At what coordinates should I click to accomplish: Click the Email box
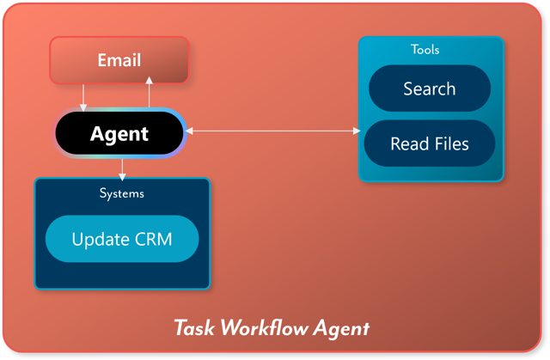pyautogui.click(x=119, y=60)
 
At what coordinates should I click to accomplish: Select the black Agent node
pyautogui.click(x=119, y=134)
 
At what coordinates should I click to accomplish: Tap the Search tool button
pyautogui.click(x=429, y=88)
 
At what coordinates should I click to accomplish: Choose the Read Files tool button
pyautogui.click(x=429, y=143)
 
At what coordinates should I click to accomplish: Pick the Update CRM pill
pyautogui.click(x=121, y=238)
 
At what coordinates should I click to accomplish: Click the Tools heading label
pyautogui.click(x=425, y=50)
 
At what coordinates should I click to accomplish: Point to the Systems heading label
pyautogui.click(x=122, y=193)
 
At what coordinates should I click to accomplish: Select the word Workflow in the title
pyautogui.click(x=262, y=328)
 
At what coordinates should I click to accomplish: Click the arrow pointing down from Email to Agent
pyautogui.click(x=83, y=96)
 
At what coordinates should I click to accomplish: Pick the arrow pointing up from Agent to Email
pyautogui.click(x=150, y=93)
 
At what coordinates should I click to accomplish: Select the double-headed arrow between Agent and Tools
pyautogui.click(x=273, y=131)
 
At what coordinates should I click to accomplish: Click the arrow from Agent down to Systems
pyautogui.click(x=122, y=168)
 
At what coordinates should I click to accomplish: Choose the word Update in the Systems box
pyautogui.click(x=99, y=238)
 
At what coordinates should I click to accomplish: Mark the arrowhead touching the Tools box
pyautogui.click(x=357, y=131)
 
